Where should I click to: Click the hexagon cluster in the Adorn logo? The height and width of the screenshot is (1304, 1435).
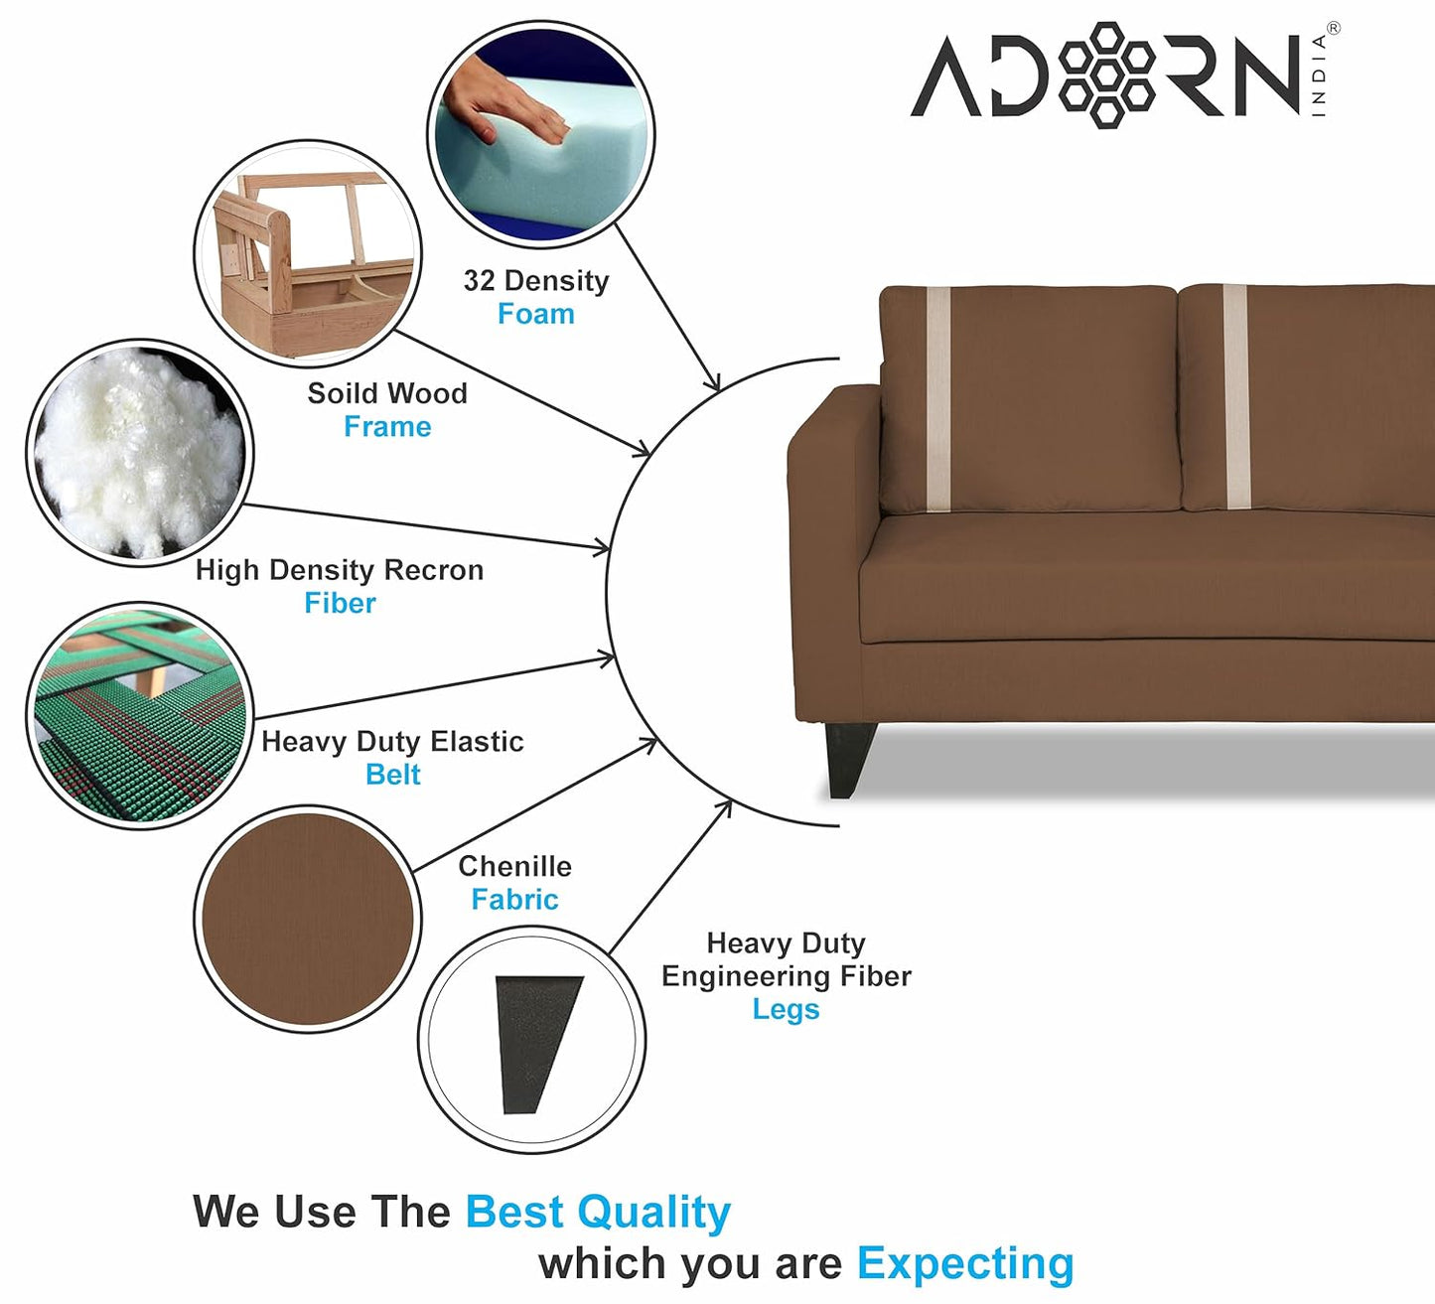(x=1106, y=75)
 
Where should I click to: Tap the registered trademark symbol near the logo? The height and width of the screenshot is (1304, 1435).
(x=1334, y=29)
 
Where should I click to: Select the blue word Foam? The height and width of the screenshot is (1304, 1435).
(x=536, y=314)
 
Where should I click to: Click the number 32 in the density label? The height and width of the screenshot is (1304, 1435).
(x=479, y=280)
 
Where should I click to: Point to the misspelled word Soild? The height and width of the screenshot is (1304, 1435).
(x=342, y=393)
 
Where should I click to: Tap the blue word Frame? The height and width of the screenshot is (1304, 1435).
(x=387, y=426)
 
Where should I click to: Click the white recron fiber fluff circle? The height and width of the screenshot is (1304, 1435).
(x=140, y=453)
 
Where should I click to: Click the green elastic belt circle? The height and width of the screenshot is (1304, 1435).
(x=140, y=716)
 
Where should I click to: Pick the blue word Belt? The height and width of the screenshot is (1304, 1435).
(x=392, y=775)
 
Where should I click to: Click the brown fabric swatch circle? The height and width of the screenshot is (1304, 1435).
(x=308, y=919)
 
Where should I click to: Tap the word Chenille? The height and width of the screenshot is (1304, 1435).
(x=515, y=866)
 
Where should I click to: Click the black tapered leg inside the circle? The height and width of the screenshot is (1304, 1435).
(x=536, y=1044)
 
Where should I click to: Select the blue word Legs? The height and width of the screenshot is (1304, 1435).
(x=786, y=1010)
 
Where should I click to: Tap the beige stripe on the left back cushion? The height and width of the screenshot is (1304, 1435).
(x=938, y=399)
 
